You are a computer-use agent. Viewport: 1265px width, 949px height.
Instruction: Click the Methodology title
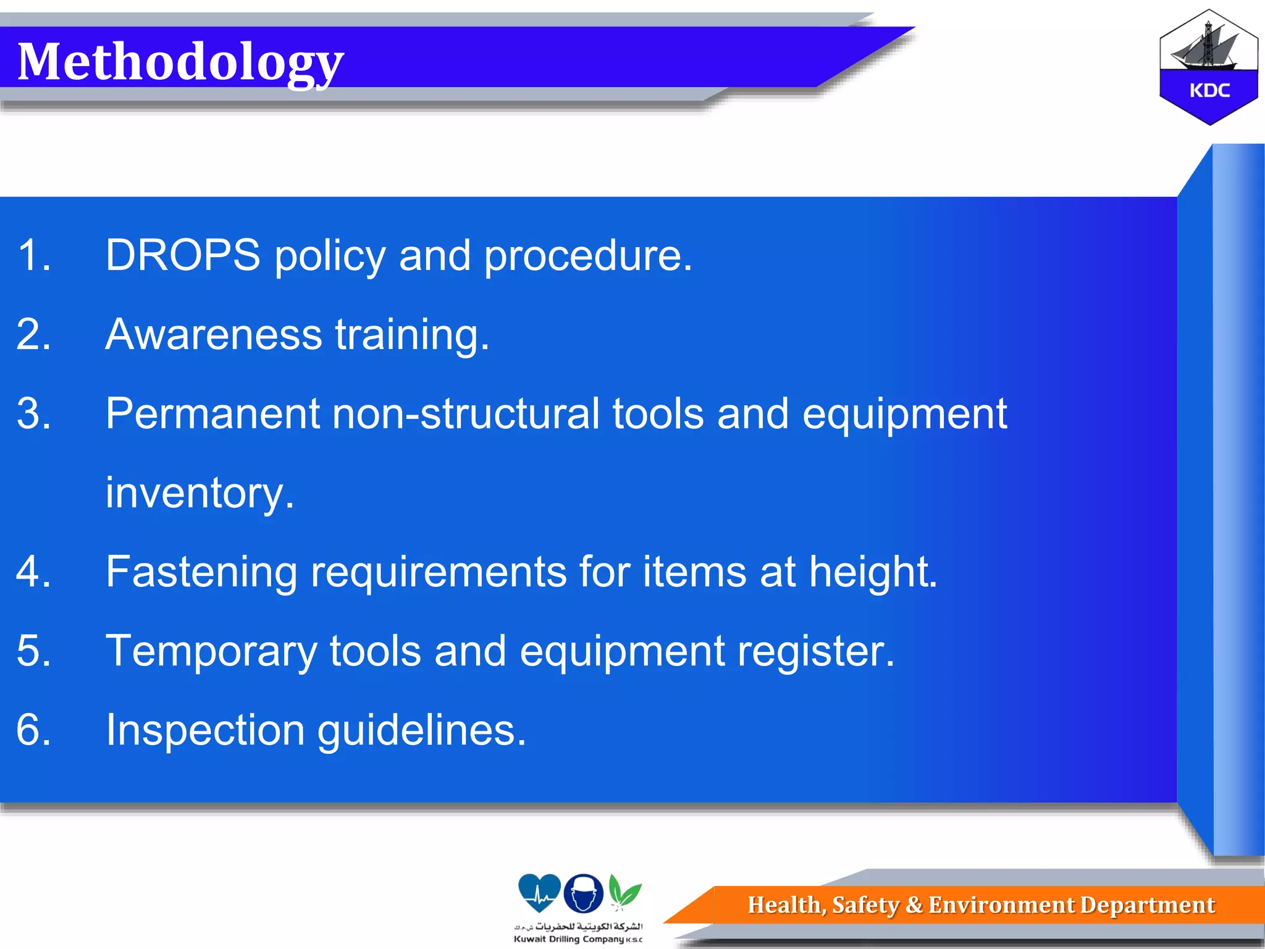tap(180, 62)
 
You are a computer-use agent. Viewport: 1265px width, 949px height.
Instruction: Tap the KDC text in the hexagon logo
tap(1209, 91)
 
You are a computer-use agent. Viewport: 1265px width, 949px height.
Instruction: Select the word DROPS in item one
tap(183, 255)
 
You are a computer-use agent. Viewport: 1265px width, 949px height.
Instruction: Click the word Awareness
tap(214, 334)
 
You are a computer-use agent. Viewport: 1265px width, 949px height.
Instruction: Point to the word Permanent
tap(212, 413)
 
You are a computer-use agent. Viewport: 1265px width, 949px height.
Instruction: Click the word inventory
tap(199, 493)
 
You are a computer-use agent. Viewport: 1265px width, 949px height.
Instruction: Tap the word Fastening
tap(201, 572)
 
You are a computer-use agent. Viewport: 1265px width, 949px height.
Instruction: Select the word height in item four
tap(872, 572)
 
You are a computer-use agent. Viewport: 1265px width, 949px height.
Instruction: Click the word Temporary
tap(211, 651)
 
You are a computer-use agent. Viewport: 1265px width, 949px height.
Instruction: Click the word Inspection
tap(205, 730)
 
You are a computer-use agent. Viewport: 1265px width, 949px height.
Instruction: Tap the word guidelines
tap(421, 730)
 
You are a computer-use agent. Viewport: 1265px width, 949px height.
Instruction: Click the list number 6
tap(33, 730)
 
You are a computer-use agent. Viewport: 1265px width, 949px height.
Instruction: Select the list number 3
tap(33, 413)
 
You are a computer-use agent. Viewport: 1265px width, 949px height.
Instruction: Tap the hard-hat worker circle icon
tap(583, 893)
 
